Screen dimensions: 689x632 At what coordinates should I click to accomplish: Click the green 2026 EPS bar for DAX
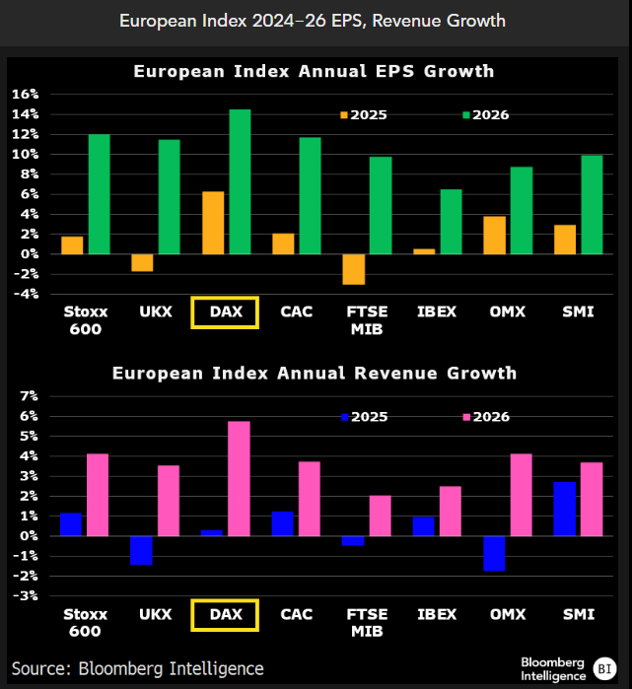coord(240,181)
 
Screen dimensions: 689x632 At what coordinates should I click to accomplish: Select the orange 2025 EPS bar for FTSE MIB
coord(354,268)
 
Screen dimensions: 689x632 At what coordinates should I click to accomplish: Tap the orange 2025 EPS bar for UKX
coord(142,261)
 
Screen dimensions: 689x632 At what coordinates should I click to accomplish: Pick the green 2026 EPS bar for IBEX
coord(451,221)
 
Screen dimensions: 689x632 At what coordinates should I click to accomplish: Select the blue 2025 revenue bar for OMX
coord(493,553)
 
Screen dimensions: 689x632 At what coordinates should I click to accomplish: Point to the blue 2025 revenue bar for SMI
coord(564,509)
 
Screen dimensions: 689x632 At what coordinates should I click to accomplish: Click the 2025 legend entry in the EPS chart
coord(365,115)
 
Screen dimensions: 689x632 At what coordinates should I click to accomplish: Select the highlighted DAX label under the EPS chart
coord(225,312)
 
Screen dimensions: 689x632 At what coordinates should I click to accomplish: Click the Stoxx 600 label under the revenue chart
coord(85,623)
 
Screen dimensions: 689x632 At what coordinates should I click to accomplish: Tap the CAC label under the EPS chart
coord(296,312)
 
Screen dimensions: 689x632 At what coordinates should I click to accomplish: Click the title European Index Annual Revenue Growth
coord(314,374)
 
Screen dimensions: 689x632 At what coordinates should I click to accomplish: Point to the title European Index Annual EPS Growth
coord(314,71)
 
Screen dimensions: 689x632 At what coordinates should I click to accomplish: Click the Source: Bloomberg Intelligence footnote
coord(138,668)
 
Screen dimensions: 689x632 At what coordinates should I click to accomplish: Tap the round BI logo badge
coord(605,668)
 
